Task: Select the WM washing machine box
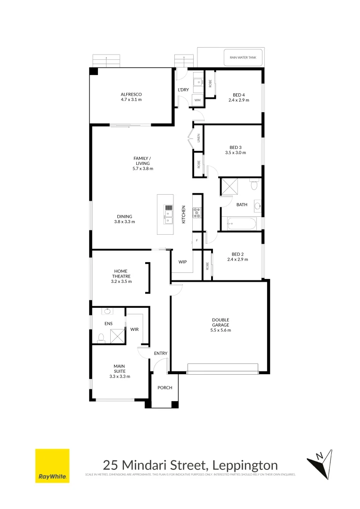tap(197, 100)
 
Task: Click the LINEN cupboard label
tap(199, 138)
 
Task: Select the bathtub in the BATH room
tap(242, 224)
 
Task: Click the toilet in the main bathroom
tap(255, 184)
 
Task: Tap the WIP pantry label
tap(183, 262)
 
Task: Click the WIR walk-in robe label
tap(134, 329)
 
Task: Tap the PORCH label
tap(165, 388)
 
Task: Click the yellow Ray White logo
tap(52, 466)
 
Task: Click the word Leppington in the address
tap(245, 465)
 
